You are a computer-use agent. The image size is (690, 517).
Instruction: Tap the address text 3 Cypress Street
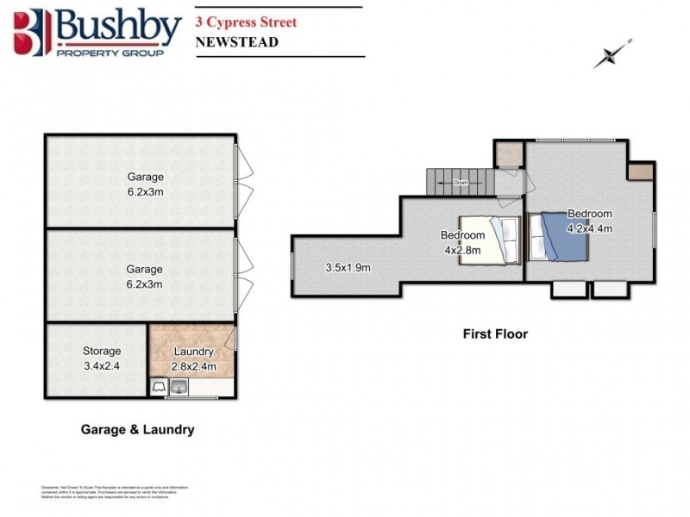[x=246, y=22]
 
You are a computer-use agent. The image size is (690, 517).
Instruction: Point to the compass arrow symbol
[x=613, y=53]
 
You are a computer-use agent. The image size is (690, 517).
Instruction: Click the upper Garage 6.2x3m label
[x=145, y=184]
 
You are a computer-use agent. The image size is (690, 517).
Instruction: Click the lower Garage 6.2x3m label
[x=145, y=276]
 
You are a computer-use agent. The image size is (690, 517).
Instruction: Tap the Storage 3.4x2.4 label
[x=102, y=357]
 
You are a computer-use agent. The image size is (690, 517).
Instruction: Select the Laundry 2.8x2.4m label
[x=193, y=358]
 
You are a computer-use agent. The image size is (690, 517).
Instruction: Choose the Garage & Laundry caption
[x=137, y=429]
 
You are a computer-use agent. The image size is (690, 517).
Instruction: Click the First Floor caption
[x=494, y=333]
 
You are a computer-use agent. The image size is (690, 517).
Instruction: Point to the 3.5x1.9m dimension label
[x=348, y=267]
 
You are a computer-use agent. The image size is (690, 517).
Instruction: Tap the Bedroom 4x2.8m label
[x=462, y=242]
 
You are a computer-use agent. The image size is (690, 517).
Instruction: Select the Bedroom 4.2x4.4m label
[x=589, y=221]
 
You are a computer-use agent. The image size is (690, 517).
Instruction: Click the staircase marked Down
[x=461, y=183]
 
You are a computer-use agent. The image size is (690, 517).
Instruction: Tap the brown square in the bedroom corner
[x=640, y=171]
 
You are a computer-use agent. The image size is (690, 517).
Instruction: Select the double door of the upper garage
[x=243, y=181]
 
